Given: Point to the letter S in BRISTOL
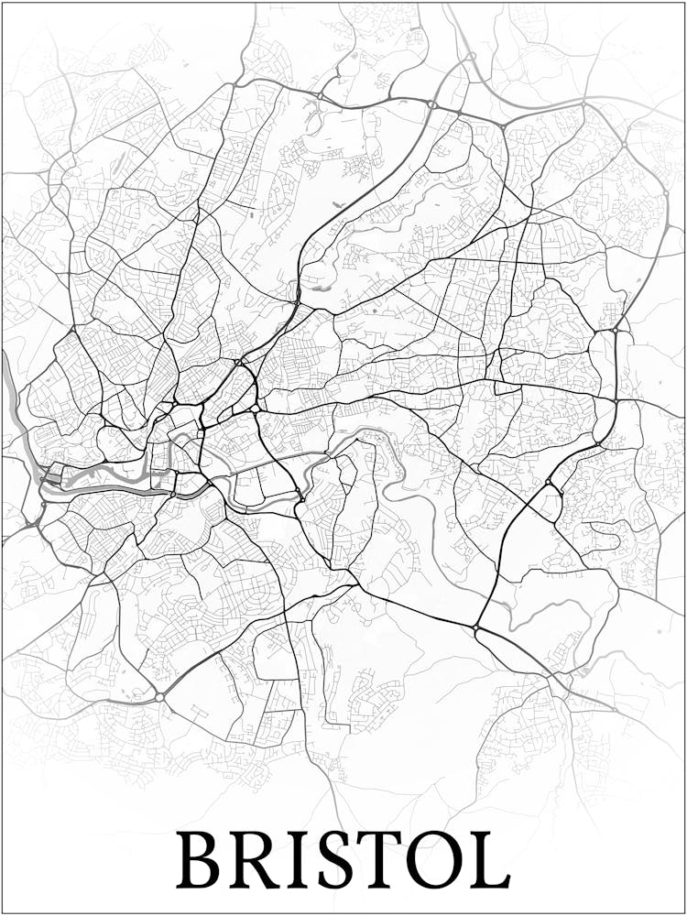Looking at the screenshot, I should [340, 860].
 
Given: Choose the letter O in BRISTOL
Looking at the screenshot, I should [441, 860].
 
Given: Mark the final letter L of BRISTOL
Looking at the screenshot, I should [490, 860].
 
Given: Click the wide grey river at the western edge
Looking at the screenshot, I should [11, 385].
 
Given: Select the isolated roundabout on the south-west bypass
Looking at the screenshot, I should [159, 697].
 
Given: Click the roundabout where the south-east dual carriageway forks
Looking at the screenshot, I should [475, 627].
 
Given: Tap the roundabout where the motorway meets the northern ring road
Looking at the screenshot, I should [431, 105].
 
